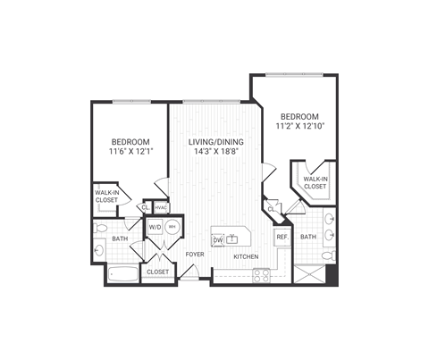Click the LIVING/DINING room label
(x=214, y=142)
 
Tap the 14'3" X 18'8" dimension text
(x=214, y=153)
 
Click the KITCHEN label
(x=246, y=257)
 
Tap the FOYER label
(x=195, y=255)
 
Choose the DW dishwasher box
(x=217, y=240)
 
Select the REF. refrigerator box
(x=281, y=237)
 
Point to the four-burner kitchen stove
(x=261, y=274)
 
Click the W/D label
(x=155, y=228)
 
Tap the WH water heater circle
(x=172, y=228)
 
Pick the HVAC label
(x=161, y=208)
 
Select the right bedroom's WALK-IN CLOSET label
(x=314, y=182)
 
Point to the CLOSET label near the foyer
(x=158, y=272)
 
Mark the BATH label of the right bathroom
(x=307, y=237)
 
